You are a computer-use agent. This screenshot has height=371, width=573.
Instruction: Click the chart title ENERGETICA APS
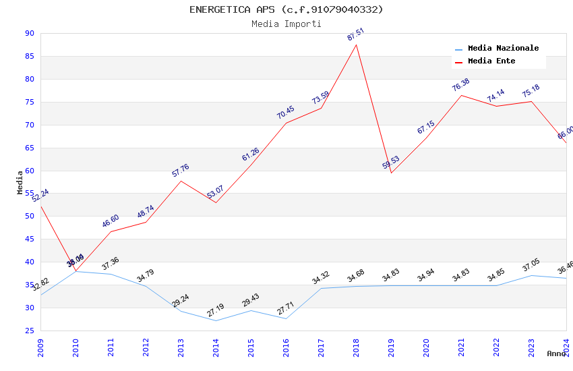(286, 9)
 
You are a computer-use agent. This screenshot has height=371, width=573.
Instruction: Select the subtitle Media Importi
(286, 24)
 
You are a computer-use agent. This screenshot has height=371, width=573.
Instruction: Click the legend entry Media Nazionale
(503, 49)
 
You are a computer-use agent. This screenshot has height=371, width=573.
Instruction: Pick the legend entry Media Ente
(491, 61)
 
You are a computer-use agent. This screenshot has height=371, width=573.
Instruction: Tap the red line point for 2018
(356, 45)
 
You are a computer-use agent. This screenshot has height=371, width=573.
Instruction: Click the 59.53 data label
(390, 163)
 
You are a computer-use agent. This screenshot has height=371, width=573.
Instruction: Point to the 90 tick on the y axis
(29, 34)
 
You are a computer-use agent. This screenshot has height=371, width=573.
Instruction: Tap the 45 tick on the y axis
(29, 239)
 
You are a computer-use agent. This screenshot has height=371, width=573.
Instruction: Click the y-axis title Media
(20, 182)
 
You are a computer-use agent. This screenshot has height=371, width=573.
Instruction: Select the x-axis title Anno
(556, 353)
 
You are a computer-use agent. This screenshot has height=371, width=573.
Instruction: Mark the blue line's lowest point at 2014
(216, 320)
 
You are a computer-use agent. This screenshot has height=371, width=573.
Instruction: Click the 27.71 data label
(285, 310)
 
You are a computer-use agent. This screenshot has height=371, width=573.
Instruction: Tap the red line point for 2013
(181, 181)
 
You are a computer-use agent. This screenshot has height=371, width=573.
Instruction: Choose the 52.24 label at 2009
(40, 196)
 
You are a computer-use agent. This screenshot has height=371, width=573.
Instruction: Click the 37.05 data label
(531, 266)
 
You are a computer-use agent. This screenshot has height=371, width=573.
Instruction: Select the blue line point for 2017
(321, 288)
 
